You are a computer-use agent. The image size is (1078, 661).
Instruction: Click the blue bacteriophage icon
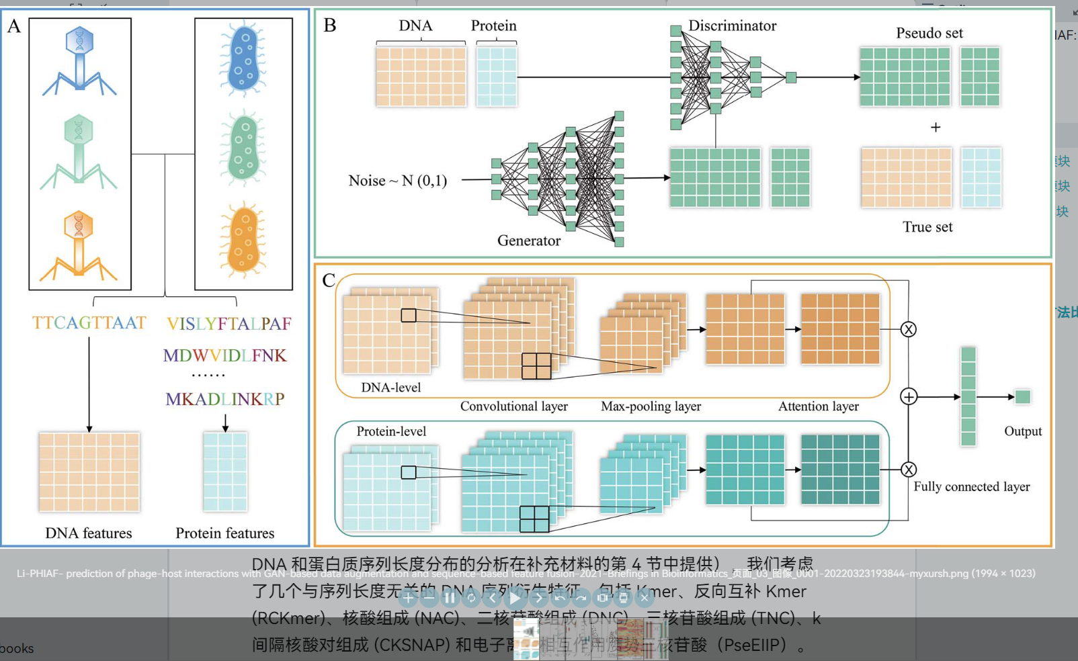click(80, 59)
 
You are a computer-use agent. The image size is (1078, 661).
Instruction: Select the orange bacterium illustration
click(243, 240)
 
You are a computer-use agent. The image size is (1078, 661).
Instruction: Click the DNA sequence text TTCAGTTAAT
click(89, 323)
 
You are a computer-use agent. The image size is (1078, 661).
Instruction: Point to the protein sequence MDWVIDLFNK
click(224, 355)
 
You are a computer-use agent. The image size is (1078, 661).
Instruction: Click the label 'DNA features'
click(89, 533)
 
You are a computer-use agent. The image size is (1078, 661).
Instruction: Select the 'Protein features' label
click(224, 533)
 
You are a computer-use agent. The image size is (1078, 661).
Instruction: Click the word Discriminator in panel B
click(732, 26)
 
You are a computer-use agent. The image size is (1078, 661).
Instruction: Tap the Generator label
click(528, 240)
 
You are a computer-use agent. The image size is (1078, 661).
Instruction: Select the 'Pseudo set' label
click(929, 33)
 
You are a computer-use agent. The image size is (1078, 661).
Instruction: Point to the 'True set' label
click(927, 227)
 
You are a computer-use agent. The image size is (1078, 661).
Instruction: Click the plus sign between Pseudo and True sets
click(935, 127)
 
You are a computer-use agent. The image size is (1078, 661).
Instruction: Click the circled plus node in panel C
click(909, 397)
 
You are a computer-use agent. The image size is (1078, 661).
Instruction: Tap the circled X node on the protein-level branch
click(909, 470)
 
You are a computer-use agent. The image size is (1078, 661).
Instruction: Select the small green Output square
click(1022, 397)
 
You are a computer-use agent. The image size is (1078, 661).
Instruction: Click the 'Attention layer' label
click(818, 406)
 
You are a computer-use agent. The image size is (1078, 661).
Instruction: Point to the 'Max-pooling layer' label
click(651, 406)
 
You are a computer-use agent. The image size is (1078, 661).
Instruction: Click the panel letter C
click(329, 280)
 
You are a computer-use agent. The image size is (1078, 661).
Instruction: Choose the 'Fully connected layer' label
click(971, 486)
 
